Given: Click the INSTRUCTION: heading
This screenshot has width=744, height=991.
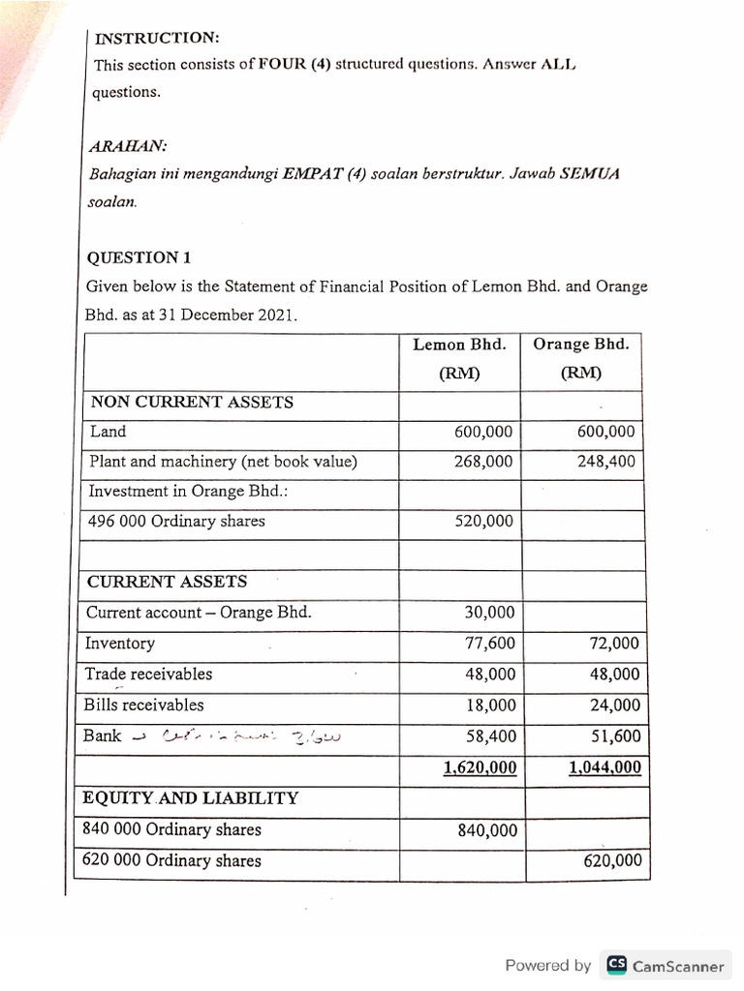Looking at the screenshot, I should tap(157, 38).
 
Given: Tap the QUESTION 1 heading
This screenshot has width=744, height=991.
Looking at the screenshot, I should tap(139, 257).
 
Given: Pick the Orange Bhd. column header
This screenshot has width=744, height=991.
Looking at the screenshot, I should tap(581, 345).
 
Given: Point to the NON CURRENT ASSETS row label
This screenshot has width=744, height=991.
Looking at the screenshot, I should tap(192, 402).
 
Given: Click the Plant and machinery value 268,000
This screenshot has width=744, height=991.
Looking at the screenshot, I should tap(483, 462).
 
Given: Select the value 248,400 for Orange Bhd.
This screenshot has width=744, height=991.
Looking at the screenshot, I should tap(605, 462).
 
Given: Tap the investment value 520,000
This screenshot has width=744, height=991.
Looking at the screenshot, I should tap(483, 522).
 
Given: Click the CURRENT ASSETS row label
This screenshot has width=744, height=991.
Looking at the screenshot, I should tap(168, 582).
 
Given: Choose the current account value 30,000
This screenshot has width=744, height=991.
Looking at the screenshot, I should tap(490, 613).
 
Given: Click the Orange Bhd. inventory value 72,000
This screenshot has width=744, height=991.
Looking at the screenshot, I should tap(612, 644).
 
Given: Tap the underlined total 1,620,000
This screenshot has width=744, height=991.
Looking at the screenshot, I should tap(480, 767).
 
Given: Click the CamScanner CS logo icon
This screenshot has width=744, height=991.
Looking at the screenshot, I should tap(616, 965).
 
